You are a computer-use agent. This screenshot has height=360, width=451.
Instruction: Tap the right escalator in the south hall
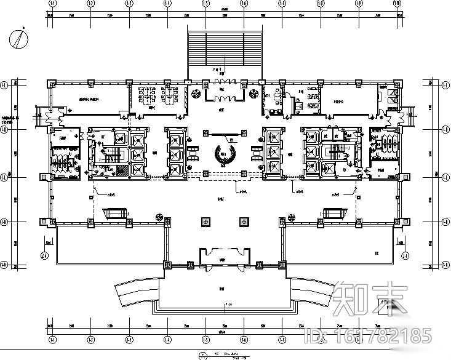click(x=333, y=213)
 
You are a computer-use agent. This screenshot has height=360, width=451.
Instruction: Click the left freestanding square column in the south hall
click(x=204, y=220)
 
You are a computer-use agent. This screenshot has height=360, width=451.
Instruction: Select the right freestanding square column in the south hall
click(x=244, y=220)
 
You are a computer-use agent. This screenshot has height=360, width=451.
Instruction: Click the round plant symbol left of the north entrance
click(x=196, y=94)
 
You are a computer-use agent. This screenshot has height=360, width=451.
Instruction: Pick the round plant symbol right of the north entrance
click(x=253, y=94)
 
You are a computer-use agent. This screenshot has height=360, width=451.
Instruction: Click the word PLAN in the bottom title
click(x=230, y=354)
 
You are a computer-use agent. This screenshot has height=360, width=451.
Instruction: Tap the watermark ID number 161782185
click(x=369, y=336)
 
